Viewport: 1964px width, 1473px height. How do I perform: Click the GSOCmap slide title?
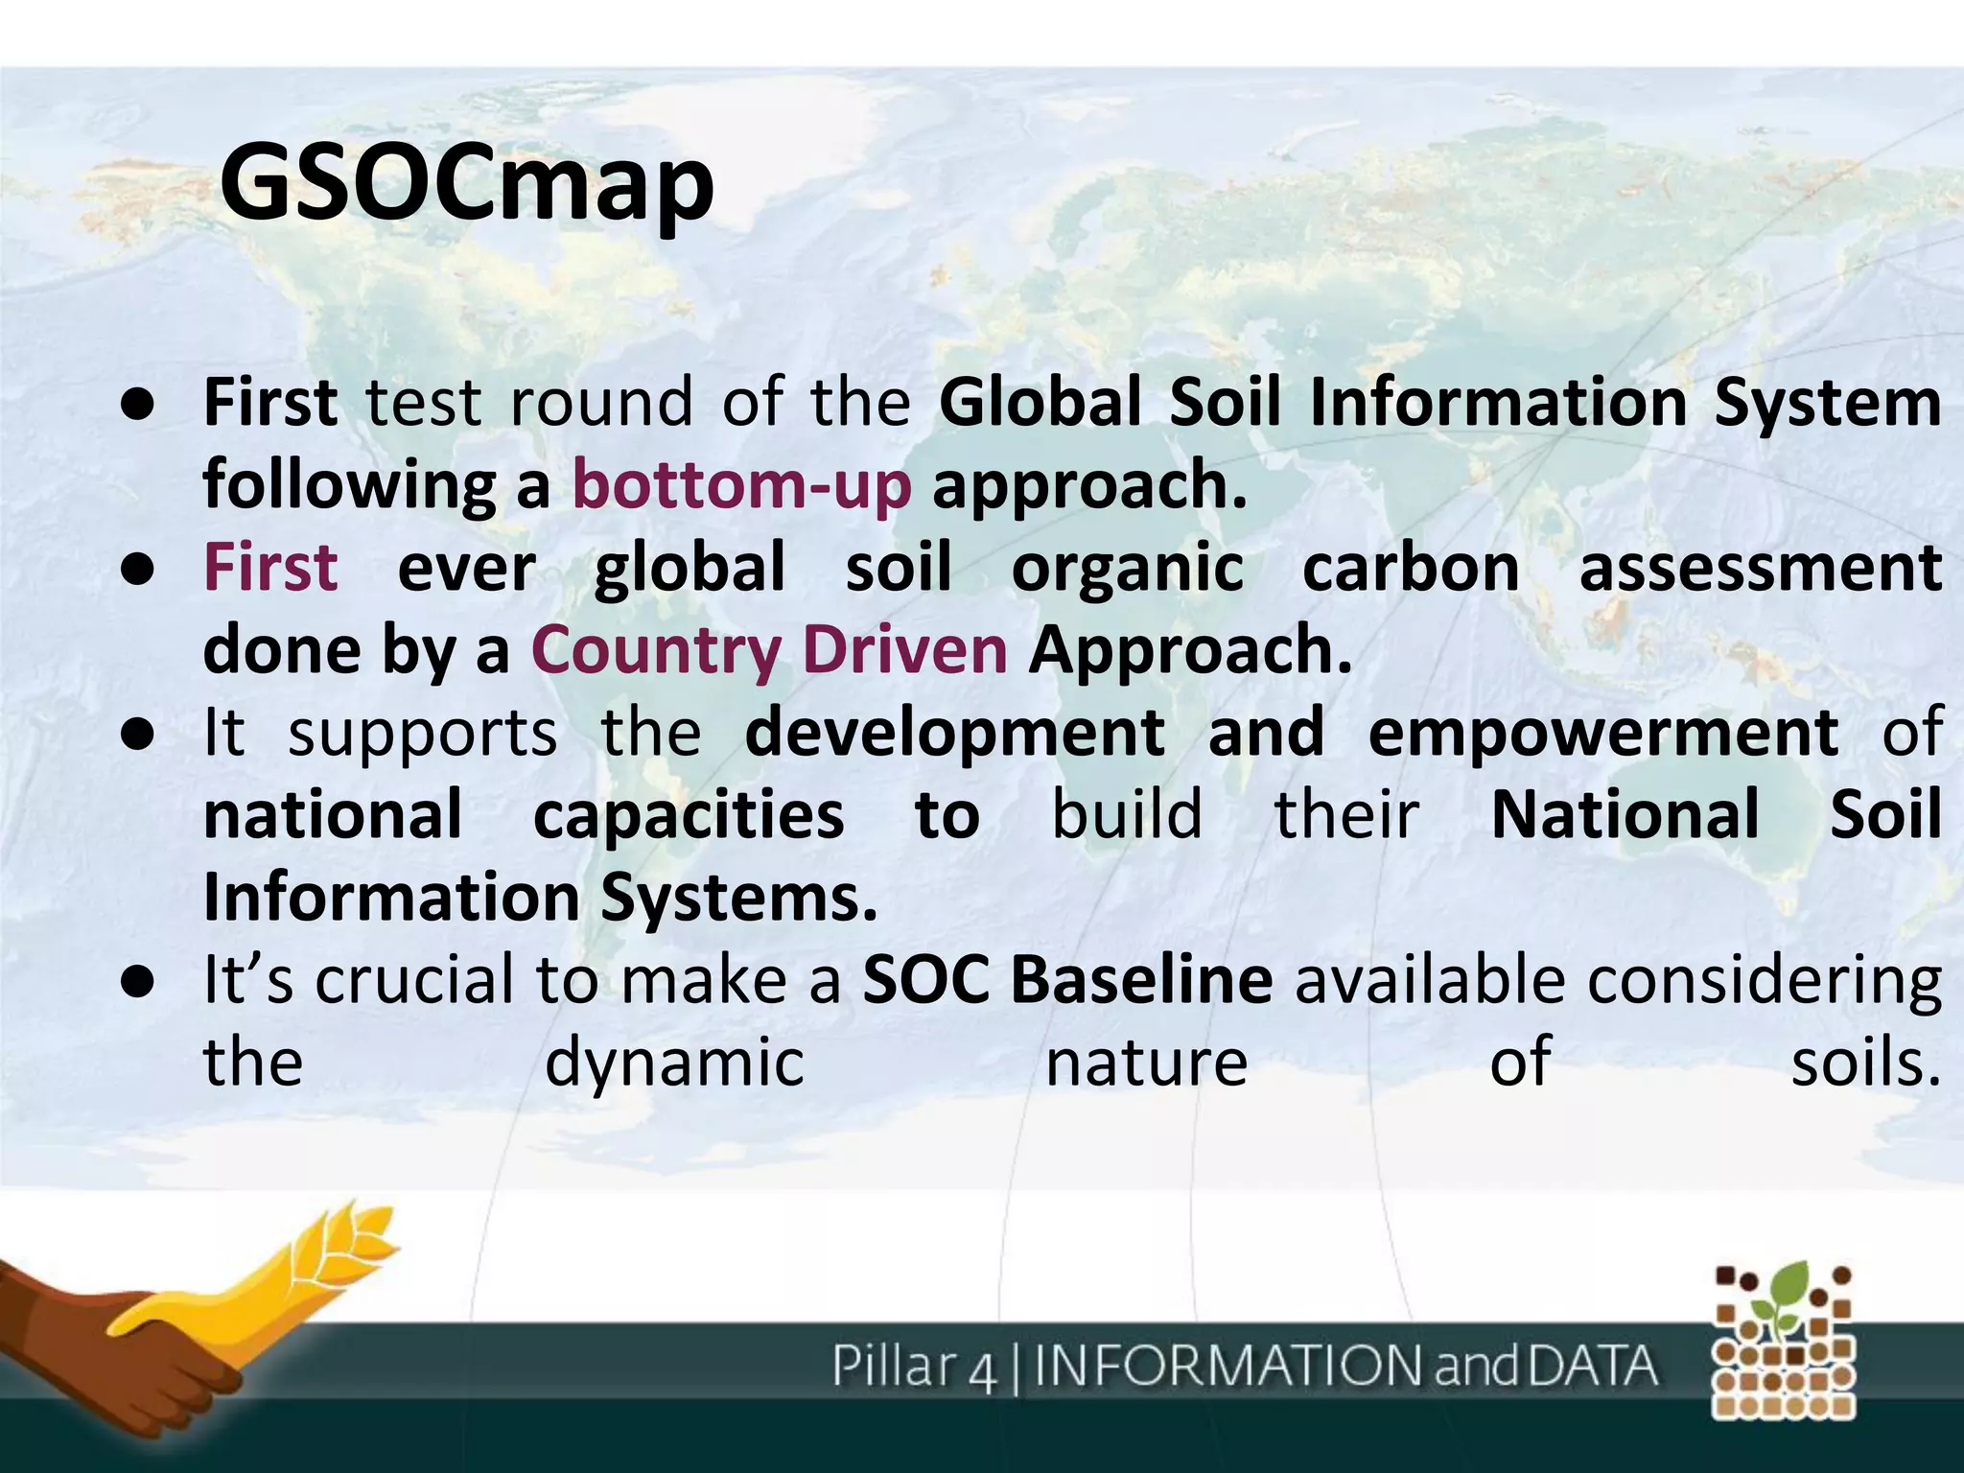pyautogui.click(x=466, y=182)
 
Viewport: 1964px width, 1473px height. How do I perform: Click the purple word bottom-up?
pyautogui.click(x=741, y=484)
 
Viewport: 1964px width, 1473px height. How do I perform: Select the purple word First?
pyautogui.click(x=270, y=567)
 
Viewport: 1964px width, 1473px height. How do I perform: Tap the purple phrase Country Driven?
pyautogui.click(x=769, y=650)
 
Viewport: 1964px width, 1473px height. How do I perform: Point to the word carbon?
pyautogui.click(x=1410, y=567)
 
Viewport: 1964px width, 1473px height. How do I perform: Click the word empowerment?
pyautogui.click(x=1602, y=733)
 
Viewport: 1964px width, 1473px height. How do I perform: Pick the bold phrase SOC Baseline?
pyautogui.click(x=1067, y=980)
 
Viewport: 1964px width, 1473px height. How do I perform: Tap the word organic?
pyautogui.click(x=1128, y=569)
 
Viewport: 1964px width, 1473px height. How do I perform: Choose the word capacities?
pyautogui.click(x=688, y=815)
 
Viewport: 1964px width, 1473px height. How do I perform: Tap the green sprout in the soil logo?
pyautogui.click(x=1786, y=1295)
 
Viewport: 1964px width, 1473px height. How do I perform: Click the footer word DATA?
pyautogui.click(x=1592, y=1366)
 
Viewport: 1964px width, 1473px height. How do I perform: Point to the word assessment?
pyautogui.click(x=1760, y=567)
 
